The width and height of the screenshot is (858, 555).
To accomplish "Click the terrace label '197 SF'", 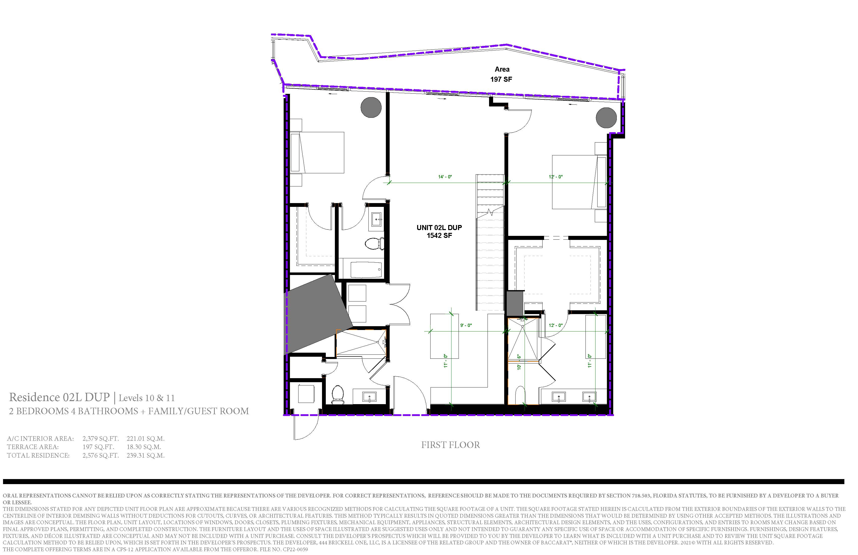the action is tap(501, 79).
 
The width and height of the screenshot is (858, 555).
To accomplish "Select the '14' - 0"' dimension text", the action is tap(445, 177).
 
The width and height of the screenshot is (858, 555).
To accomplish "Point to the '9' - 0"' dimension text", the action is tap(466, 325).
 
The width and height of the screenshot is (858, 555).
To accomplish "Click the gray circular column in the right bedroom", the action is tap(606, 118).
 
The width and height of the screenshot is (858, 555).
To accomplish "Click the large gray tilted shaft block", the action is tap(318, 314).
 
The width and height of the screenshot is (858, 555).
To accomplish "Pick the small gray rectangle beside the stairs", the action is tap(515, 304).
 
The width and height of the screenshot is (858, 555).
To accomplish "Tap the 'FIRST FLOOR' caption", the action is tap(451, 445).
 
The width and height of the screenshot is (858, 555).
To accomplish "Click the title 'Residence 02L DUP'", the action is tap(60, 397).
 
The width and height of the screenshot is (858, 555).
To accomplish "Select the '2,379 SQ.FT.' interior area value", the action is tap(101, 439).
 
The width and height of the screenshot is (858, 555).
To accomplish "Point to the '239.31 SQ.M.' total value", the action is tap(146, 456).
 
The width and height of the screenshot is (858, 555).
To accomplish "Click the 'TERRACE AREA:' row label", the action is tap(33, 447).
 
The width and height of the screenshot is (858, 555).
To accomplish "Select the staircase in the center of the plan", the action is tap(490, 242).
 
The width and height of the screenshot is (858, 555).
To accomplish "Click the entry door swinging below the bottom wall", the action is tap(306, 427).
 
